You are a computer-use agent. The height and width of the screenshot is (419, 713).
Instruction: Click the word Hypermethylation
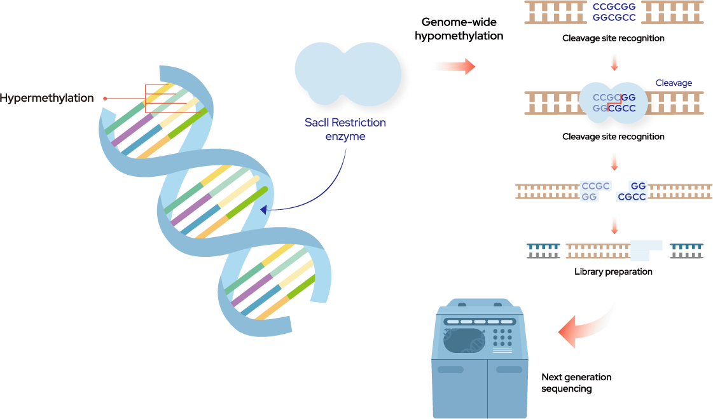(x=47, y=98)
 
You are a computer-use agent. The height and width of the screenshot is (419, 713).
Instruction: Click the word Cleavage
(x=674, y=83)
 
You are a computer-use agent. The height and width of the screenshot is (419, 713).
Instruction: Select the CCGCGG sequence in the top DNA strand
(x=614, y=7)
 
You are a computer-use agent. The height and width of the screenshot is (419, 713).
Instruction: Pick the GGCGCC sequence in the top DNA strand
(x=614, y=18)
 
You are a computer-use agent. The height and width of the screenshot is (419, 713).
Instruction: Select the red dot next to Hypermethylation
(x=105, y=98)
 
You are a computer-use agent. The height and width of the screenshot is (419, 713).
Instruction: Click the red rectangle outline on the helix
(x=170, y=99)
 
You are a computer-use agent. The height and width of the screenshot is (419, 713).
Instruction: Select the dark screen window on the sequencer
(x=464, y=341)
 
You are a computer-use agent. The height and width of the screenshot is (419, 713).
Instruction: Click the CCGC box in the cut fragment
(x=595, y=186)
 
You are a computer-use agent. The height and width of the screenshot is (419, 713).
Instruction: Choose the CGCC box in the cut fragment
(x=632, y=197)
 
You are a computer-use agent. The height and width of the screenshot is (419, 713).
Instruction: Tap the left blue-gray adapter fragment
(x=543, y=251)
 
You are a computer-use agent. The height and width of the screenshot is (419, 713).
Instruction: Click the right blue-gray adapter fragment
(x=686, y=251)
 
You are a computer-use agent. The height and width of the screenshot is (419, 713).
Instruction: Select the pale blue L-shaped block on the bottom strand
(x=644, y=251)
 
